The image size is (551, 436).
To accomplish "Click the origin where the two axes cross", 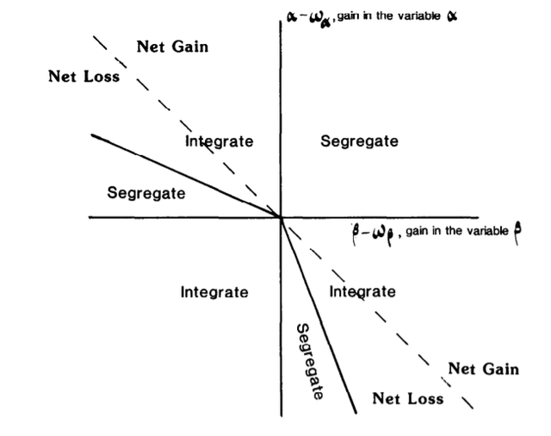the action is [282, 218].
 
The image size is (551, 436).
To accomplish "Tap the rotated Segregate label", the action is [309, 362].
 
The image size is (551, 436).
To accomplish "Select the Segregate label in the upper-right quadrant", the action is [359, 141].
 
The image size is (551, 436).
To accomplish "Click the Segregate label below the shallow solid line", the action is [146, 193].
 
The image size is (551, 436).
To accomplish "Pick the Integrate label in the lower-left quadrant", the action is [214, 293].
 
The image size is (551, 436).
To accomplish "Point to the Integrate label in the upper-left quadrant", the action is [219, 141].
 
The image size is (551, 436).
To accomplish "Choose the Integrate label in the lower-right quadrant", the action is [362, 292].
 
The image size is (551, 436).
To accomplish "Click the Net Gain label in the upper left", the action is [172, 47].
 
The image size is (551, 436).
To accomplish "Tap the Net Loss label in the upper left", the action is [84, 77].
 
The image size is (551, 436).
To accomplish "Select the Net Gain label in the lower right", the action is [484, 369].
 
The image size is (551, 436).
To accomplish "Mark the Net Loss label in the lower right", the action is [408, 399].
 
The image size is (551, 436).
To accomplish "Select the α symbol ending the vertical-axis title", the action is [452, 16].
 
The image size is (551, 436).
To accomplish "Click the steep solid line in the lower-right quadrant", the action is [319, 315].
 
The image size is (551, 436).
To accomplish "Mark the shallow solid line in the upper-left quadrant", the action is [186, 176].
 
